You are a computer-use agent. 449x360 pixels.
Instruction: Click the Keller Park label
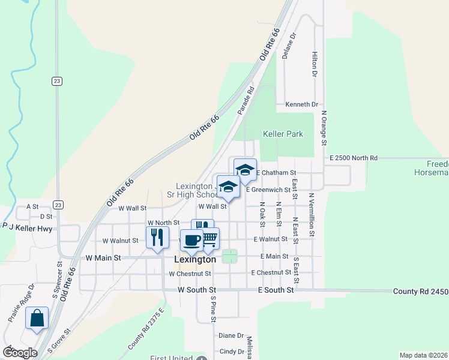(283, 134)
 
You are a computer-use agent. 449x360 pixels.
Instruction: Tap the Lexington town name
(194, 260)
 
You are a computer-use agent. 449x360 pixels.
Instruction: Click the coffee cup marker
(191, 240)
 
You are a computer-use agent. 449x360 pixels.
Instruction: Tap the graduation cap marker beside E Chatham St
(245, 169)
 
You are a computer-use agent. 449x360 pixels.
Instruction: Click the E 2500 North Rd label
(354, 158)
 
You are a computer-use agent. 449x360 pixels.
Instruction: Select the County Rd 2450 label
(420, 291)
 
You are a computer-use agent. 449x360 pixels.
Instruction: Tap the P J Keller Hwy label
(28, 227)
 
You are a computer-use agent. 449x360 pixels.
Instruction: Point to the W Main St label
(103, 257)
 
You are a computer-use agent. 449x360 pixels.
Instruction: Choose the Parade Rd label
(246, 100)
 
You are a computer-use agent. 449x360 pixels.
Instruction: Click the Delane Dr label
(289, 45)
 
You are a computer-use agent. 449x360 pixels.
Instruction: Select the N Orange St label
(324, 127)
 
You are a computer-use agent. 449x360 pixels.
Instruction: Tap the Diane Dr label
(231, 336)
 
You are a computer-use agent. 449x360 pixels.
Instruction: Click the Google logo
(20, 353)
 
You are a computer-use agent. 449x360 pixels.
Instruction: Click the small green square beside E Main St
(230, 256)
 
